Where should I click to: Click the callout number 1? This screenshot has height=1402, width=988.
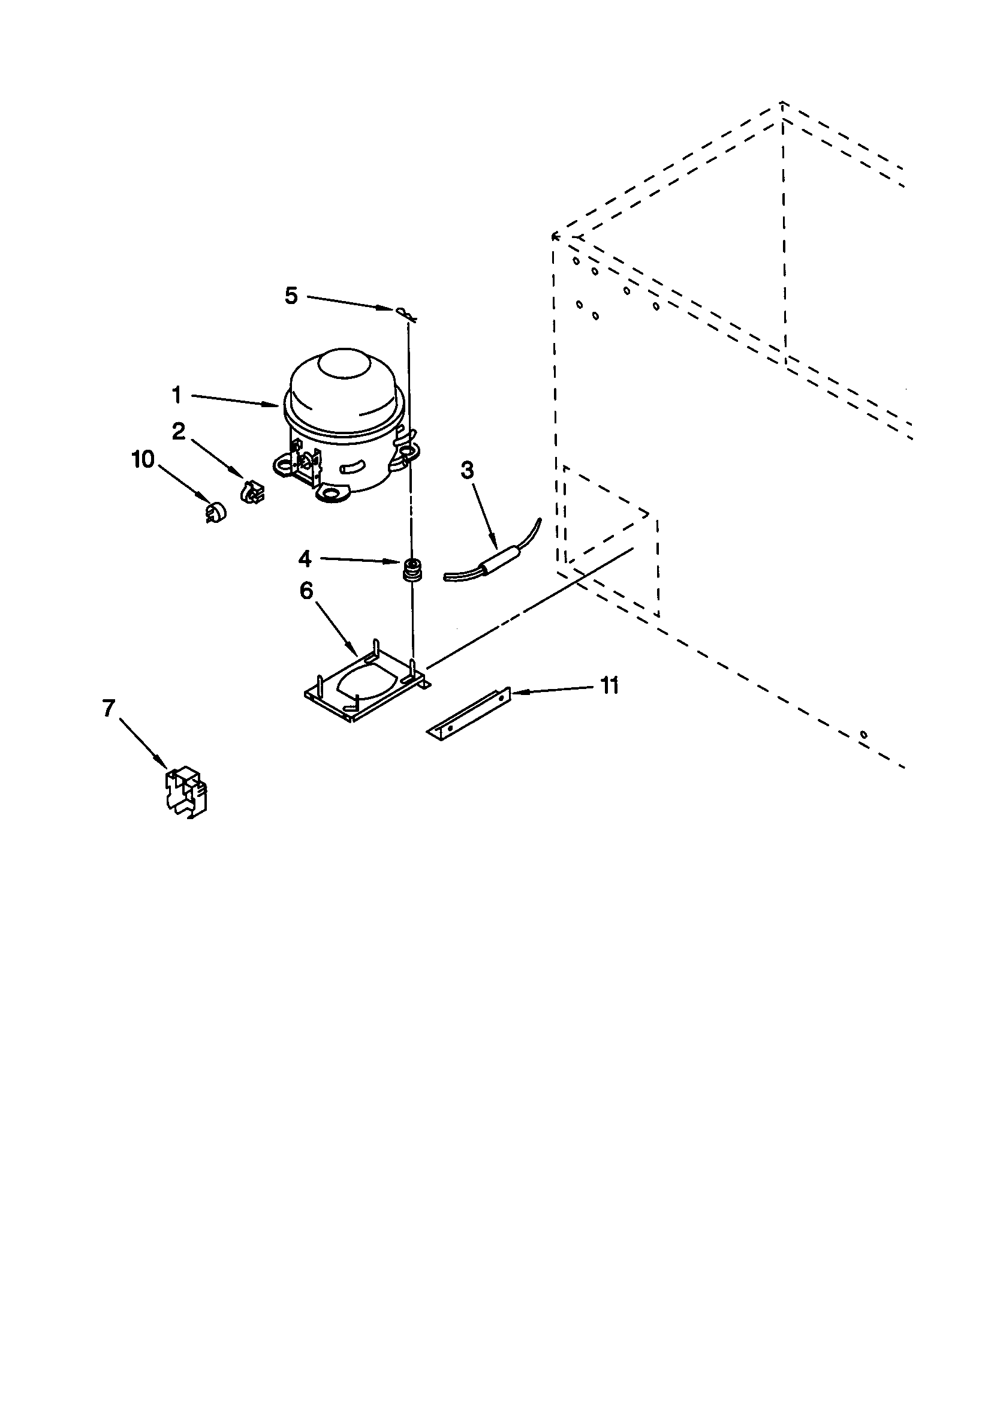176,396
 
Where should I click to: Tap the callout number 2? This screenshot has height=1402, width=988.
178,432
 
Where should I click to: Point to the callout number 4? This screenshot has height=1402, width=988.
305,558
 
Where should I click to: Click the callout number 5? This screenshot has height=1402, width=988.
291,296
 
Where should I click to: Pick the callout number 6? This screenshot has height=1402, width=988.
306,591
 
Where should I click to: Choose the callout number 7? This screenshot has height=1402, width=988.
108,708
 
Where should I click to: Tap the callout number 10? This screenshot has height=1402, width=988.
143,459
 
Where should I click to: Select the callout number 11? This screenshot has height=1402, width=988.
609,686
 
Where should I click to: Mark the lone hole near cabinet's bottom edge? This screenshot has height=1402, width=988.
863,735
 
